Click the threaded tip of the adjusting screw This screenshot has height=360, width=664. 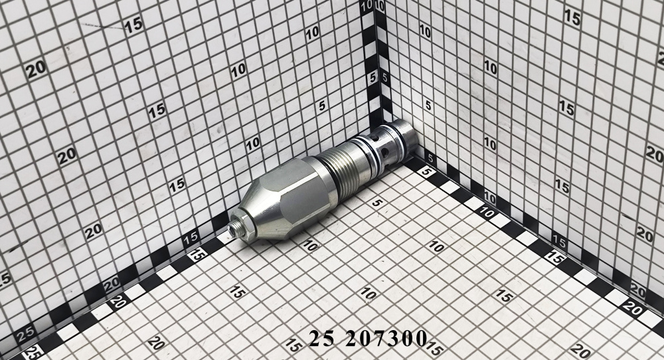pyautogui.click(x=233, y=230)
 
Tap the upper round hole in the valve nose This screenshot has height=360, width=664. pyautogui.click(x=376, y=137)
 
